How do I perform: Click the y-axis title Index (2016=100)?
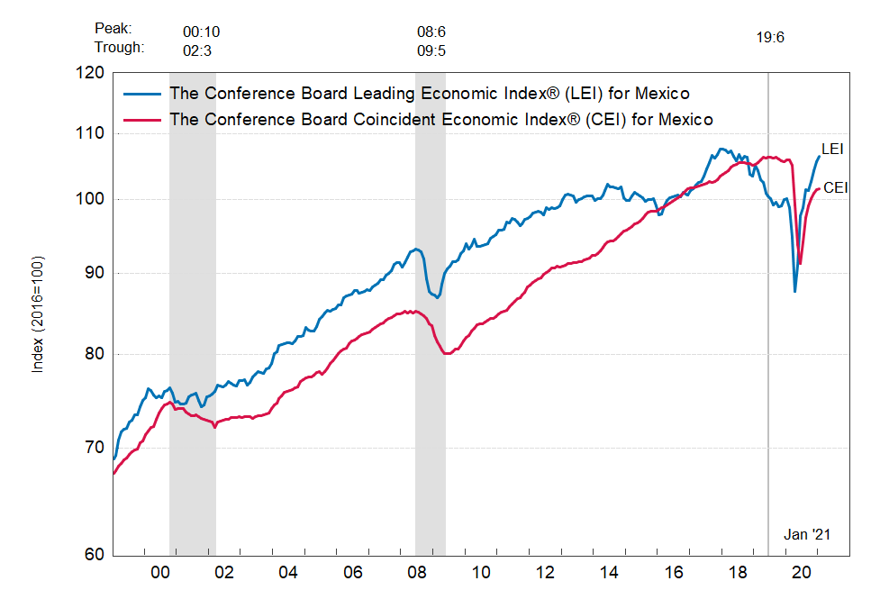coord(38,316)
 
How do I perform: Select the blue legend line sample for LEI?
coord(142,93)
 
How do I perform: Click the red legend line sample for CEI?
coord(142,119)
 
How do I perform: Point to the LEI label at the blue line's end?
coord(832,149)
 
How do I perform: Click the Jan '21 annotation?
coord(806,534)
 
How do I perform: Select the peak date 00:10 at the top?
coord(201,32)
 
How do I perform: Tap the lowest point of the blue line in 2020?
coord(794,291)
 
